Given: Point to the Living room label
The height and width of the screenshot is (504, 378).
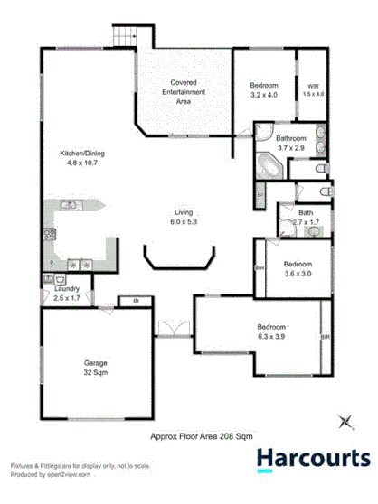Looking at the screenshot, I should click(x=184, y=218).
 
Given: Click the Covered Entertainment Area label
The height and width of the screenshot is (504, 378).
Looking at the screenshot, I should click(x=183, y=93).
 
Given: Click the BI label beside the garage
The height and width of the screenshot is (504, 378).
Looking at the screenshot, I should click(x=135, y=300).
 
